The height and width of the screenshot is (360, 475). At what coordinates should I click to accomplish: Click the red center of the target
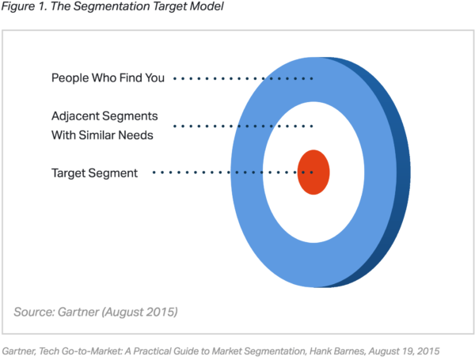(313, 172)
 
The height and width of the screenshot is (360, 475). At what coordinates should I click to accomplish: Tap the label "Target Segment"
(94, 172)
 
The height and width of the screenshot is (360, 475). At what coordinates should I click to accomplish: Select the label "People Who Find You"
(108, 78)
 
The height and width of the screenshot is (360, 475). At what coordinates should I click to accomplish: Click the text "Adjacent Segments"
(104, 116)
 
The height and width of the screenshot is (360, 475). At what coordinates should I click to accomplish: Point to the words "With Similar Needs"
(102, 135)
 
